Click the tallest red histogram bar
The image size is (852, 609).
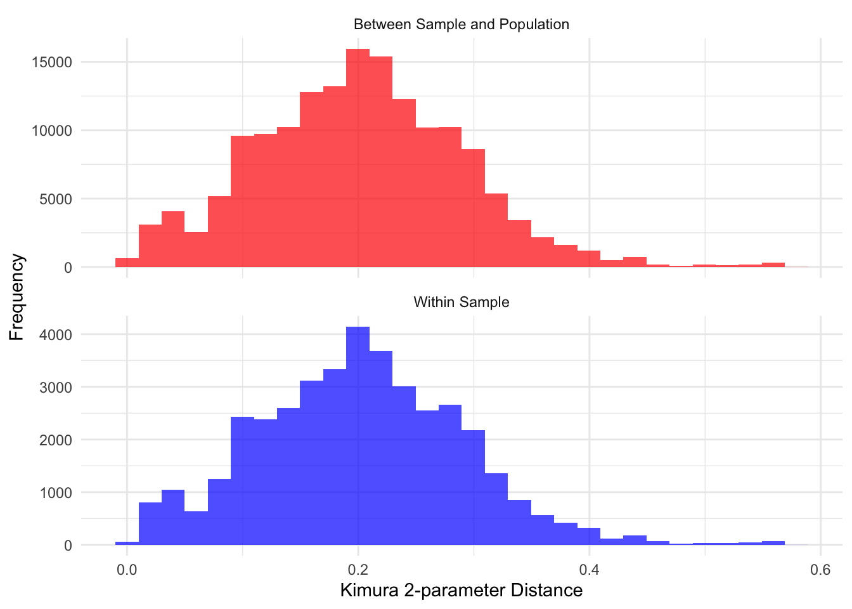coord(358,159)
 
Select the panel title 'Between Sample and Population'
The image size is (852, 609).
coord(461,25)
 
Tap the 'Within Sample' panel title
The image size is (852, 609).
coord(461,302)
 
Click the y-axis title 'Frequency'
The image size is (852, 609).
coord(17,298)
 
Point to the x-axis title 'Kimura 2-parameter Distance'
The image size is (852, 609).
coord(461,591)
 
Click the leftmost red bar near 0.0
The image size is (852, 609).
coord(127,263)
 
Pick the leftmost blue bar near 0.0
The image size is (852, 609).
coord(127,543)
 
